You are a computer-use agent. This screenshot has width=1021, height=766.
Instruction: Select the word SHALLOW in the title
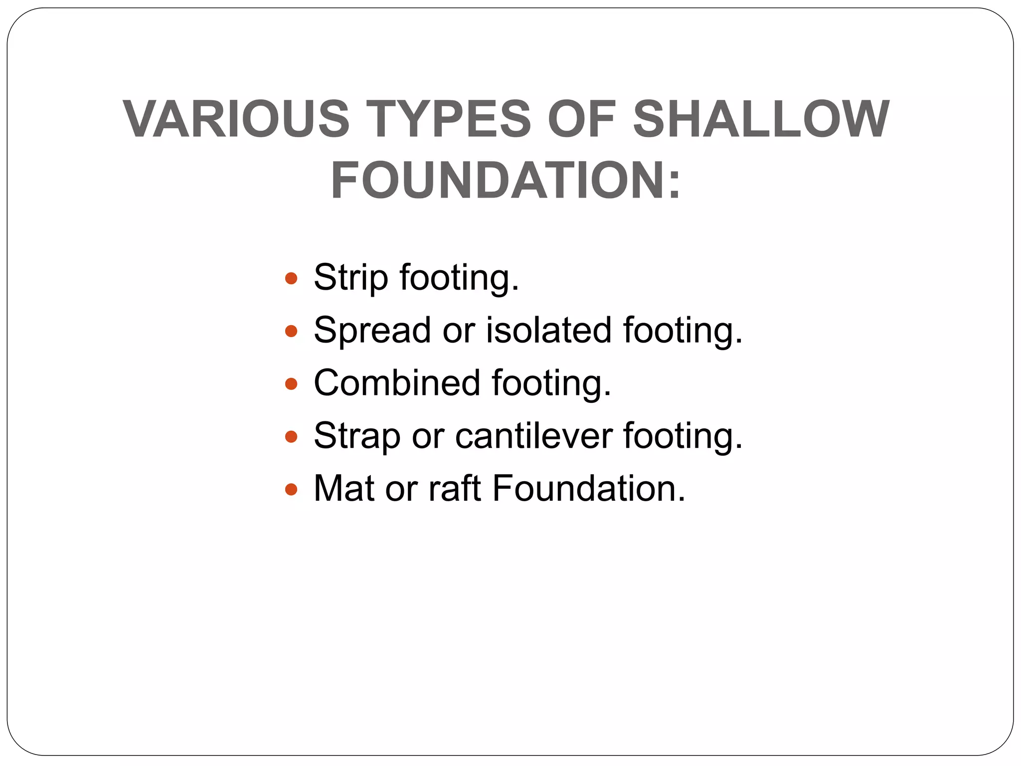coord(761,119)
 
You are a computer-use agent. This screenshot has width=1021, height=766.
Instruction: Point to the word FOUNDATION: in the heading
coord(506,180)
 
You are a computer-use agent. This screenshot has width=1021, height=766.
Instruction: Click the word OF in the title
coord(582,119)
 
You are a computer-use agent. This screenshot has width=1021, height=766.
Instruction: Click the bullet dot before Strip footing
coord(291,278)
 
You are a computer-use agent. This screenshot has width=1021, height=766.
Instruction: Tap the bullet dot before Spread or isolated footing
coord(291,331)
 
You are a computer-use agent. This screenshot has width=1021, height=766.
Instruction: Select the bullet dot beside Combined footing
coord(291,383)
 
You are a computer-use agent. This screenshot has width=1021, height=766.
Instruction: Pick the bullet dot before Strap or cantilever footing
coord(291,437)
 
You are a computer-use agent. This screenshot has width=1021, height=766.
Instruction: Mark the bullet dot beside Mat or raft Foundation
coord(291,489)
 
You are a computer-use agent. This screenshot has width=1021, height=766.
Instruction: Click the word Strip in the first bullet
coord(350,278)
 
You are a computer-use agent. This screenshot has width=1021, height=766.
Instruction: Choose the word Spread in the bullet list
coord(372,331)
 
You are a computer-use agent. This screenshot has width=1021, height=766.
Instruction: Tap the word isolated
coord(548,331)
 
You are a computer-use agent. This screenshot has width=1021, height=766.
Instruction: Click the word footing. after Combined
coord(551,384)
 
